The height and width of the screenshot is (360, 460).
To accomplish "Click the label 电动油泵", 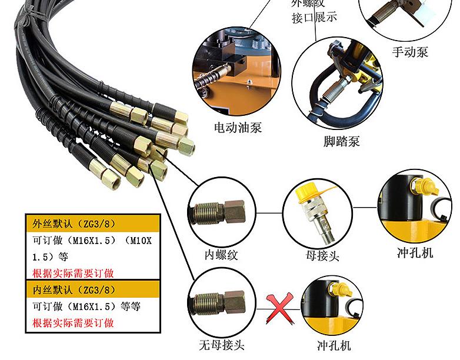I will click(x=238, y=127).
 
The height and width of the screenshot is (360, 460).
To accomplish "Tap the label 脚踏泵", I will click(x=341, y=141).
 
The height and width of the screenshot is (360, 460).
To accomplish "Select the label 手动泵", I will click(x=410, y=52).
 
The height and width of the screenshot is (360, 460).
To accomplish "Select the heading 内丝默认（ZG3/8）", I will click(x=70, y=290).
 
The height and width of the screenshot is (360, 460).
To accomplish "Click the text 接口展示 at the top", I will click(x=315, y=17).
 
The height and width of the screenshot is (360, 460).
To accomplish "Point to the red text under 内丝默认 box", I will click(x=73, y=323).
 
